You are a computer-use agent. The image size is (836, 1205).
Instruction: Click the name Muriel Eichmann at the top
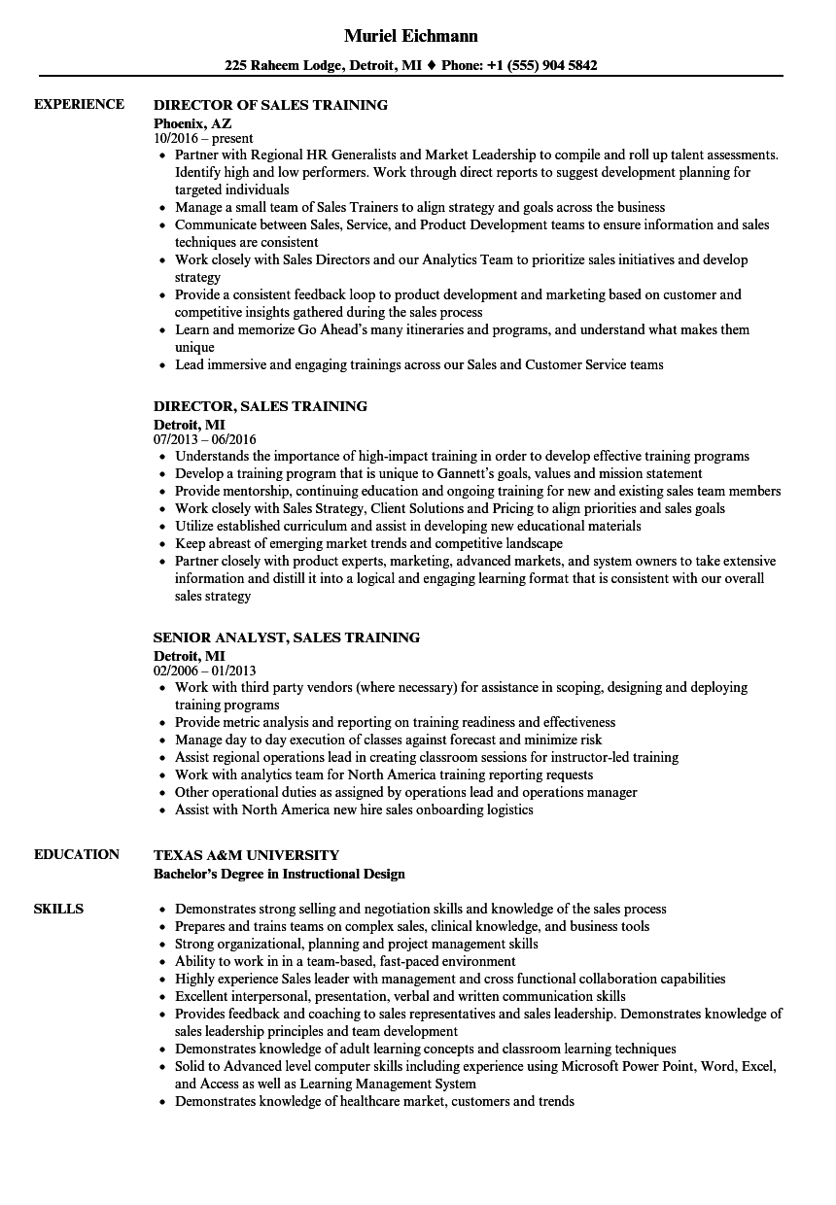(x=411, y=36)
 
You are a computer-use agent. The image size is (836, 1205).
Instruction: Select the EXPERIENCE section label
(x=79, y=104)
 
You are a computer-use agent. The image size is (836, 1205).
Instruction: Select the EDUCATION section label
(x=77, y=854)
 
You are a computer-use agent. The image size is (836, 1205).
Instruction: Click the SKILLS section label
(x=58, y=909)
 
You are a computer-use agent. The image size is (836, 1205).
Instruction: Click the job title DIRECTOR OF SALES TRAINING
(x=270, y=105)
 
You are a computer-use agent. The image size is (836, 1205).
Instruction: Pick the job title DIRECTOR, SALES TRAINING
(x=261, y=406)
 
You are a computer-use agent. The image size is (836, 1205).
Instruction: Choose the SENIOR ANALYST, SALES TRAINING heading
(x=287, y=637)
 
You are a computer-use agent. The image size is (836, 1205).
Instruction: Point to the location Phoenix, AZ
(x=192, y=122)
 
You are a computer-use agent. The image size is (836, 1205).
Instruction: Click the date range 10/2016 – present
(x=203, y=138)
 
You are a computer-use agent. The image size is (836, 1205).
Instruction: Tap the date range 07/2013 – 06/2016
(x=205, y=439)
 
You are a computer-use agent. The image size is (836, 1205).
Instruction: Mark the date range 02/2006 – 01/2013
(x=204, y=671)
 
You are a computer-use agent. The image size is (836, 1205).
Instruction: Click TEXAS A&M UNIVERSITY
(x=246, y=855)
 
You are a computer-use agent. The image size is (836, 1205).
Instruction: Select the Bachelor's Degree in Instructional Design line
(x=279, y=873)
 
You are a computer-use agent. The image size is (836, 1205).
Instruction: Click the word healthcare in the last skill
(x=366, y=1101)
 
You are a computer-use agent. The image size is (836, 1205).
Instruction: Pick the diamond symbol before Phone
(x=433, y=66)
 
